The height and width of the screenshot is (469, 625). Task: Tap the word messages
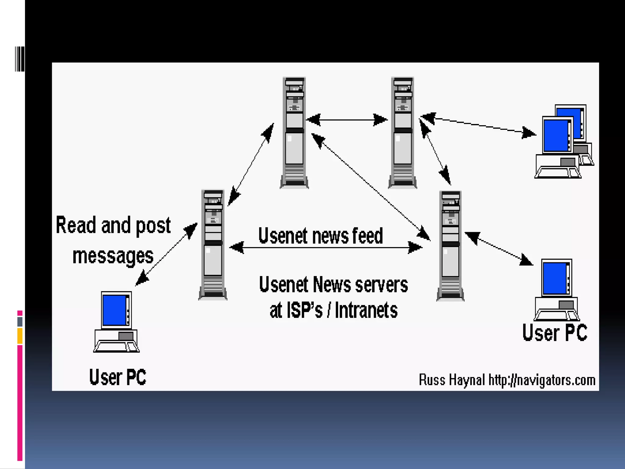[x=113, y=256]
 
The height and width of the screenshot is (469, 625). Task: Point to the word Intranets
[x=366, y=310]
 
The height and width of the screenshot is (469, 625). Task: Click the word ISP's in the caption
[x=304, y=310]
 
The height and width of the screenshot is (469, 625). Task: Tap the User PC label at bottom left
[x=117, y=377]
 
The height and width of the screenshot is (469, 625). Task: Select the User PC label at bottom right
[x=555, y=333]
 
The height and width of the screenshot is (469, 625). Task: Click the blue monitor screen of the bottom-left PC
[x=114, y=310]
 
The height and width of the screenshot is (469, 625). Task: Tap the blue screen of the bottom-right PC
[x=555, y=278]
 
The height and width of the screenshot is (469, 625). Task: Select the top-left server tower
[x=294, y=133]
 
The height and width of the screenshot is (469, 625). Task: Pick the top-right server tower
[x=403, y=133]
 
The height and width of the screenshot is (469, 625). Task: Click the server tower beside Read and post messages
[x=213, y=245]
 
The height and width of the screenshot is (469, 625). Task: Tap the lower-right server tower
[x=450, y=246]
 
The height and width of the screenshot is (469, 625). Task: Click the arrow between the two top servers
[x=347, y=120]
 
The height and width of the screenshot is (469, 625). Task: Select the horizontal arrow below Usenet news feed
[x=325, y=247]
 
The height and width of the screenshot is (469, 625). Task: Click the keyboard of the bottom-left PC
[x=116, y=347]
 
